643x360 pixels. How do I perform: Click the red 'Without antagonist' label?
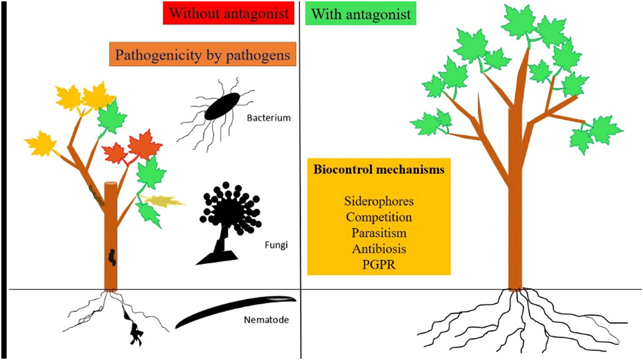point(229,14)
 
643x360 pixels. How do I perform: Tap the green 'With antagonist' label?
point(361,14)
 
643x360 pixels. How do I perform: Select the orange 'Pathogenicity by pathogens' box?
point(203,55)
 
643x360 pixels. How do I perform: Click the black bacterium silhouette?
point(222,106)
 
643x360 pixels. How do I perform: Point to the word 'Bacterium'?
point(269,118)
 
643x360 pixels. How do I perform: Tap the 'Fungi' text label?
point(276,245)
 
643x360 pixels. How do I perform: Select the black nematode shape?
point(234,310)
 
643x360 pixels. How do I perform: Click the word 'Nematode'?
point(267,320)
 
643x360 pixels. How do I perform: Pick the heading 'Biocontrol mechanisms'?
point(379,169)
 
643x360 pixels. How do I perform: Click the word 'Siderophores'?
point(379,201)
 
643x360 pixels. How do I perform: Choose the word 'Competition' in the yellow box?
point(379,217)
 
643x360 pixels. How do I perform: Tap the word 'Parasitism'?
point(379,233)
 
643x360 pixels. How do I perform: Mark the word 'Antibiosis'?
point(379,249)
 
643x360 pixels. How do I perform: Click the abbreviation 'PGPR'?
point(379,265)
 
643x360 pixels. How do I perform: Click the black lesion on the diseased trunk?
point(112,258)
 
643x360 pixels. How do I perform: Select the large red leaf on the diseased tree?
point(144,144)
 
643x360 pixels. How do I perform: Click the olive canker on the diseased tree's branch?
point(97,196)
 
